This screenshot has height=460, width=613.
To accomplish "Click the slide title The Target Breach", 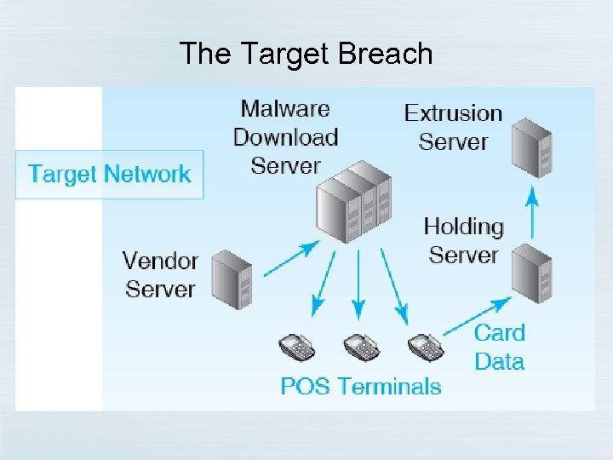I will click(306, 55).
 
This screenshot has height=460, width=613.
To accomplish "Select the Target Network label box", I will click(110, 175).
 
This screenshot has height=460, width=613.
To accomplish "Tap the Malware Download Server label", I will click(286, 136).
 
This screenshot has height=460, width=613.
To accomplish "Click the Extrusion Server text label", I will click(453, 127).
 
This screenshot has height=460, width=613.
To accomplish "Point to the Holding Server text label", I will click(464, 240).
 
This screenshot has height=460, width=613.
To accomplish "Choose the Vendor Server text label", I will click(161, 274).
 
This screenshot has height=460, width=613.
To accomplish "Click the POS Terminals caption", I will click(361, 387).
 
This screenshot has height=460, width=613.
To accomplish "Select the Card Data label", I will click(500, 347).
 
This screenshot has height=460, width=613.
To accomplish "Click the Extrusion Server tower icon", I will click(532, 147).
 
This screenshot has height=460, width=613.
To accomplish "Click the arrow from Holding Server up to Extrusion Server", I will click(532, 212).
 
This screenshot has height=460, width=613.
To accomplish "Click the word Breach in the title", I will click(386, 55).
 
